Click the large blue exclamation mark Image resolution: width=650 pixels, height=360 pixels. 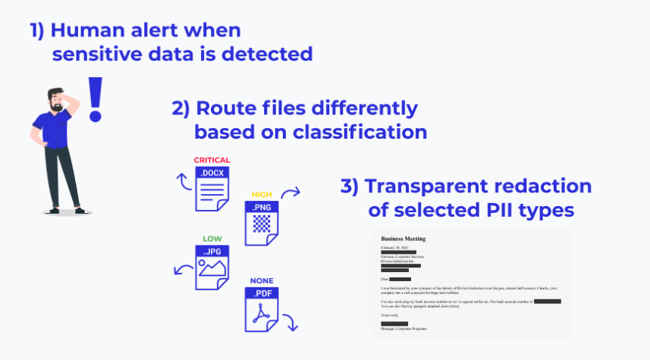(x=95, y=99)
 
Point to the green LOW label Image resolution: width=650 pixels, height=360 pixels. (x=212, y=239)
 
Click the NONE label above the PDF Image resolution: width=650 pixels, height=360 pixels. (x=261, y=280)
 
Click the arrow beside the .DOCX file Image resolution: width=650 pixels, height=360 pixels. (x=181, y=182)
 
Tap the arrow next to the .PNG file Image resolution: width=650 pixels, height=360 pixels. (x=291, y=193)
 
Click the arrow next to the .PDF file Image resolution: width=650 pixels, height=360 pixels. (x=290, y=322)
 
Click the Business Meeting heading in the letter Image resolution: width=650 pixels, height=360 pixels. (x=403, y=239)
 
